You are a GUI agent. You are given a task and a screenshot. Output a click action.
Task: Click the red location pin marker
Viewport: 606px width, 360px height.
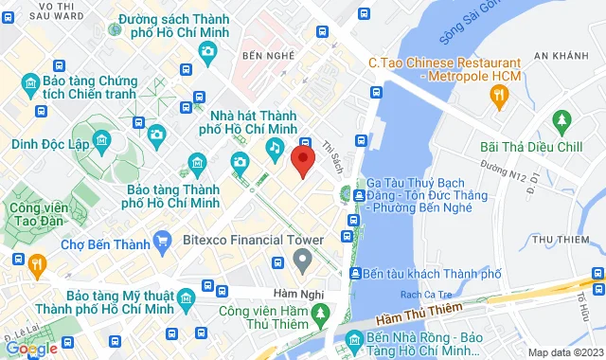click(x=302, y=160)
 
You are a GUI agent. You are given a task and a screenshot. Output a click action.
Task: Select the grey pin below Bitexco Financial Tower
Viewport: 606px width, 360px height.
click(x=302, y=259)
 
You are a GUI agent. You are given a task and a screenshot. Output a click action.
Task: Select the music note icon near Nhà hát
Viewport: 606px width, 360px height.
click(x=274, y=147)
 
